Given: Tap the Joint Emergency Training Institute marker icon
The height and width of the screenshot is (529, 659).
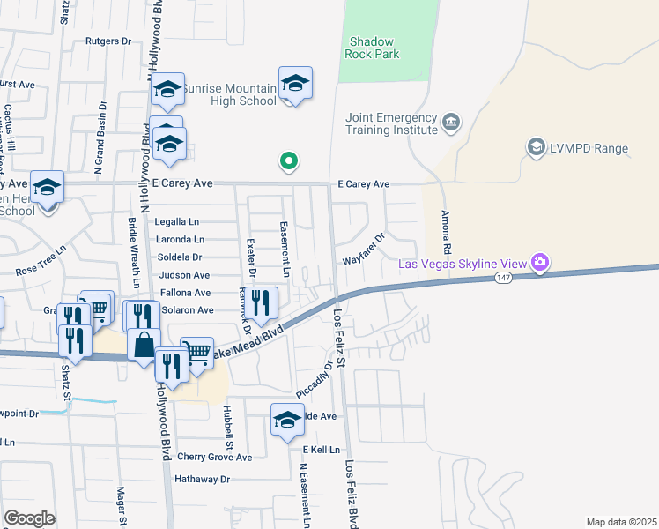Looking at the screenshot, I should [x=451, y=121].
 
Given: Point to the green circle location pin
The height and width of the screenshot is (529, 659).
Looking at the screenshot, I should [x=287, y=161].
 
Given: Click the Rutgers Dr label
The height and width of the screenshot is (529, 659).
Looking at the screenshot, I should [x=107, y=41].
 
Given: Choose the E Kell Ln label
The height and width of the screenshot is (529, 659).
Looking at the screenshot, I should [x=321, y=450].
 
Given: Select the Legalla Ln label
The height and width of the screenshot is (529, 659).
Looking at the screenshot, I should [x=179, y=222].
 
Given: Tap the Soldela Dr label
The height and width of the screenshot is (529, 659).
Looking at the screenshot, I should [x=179, y=257].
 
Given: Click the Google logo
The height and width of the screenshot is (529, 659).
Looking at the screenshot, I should [x=29, y=518].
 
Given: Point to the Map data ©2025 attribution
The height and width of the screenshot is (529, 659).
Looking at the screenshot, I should [x=621, y=522].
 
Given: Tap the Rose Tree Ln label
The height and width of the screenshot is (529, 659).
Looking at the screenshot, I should [x=41, y=264].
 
